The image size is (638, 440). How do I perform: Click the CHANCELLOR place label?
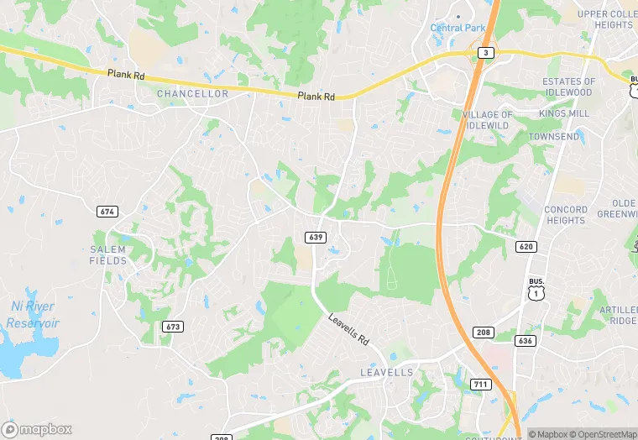click(x=192, y=94)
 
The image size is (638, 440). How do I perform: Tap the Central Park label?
click(x=458, y=28)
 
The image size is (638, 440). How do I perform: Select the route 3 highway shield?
click(x=486, y=52)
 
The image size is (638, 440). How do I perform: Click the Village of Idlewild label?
click(x=487, y=120)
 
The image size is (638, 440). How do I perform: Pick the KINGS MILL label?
click(x=564, y=113)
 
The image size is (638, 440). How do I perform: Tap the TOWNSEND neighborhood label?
click(x=553, y=136)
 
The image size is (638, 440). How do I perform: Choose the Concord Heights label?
click(x=565, y=215)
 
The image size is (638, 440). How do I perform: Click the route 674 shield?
click(x=107, y=212)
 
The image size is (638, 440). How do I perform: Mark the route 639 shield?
click(x=316, y=238)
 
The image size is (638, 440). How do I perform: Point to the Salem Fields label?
click(x=108, y=255)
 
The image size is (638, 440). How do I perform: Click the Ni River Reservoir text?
click(x=33, y=315)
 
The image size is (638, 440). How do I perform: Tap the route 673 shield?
click(x=173, y=326)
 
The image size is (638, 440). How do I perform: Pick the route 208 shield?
click(x=482, y=333)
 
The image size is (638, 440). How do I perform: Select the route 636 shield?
click(x=526, y=340)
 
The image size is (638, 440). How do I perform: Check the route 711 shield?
click(x=480, y=385)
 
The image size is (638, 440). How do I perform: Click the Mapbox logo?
click(x=37, y=429)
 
